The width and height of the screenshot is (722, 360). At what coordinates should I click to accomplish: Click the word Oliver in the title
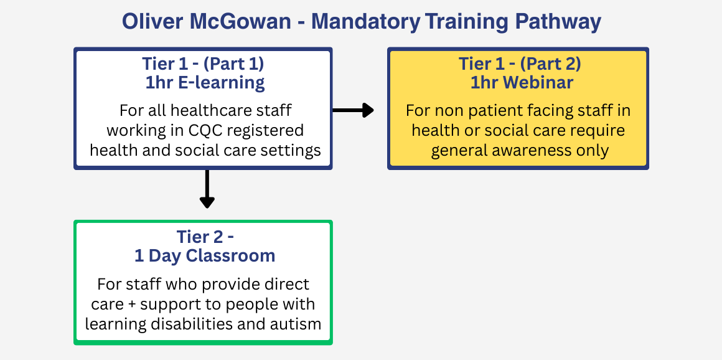pyautogui.click(x=149, y=22)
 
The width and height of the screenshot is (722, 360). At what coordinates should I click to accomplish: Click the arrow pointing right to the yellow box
pyautogui.click(x=353, y=110)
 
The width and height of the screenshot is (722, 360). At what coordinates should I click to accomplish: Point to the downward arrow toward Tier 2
pyautogui.click(x=207, y=189)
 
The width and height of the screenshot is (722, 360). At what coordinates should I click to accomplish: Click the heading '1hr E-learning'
pyautogui.click(x=205, y=83)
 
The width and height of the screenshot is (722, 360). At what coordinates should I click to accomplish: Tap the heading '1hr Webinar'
pyautogui.click(x=522, y=82)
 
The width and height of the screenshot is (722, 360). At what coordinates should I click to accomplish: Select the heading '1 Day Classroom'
pyautogui.click(x=205, y=255)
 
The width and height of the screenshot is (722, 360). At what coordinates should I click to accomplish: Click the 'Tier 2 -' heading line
pyautogui.click(x=205, y=237)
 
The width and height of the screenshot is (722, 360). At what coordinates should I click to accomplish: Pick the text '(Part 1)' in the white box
pyautogui.click(x=233, y=64)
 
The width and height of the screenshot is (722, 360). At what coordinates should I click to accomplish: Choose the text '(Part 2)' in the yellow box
pyautogui.click(x=550, y=64)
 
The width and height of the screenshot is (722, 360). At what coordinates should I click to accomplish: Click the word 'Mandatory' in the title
pyautogui.click(x=365, y=22)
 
